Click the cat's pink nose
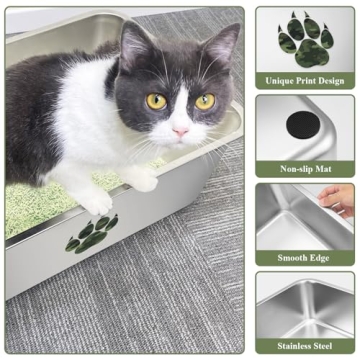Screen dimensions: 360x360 [181, 131]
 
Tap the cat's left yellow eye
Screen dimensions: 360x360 [157, 101]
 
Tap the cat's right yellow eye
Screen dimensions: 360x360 [205, 101]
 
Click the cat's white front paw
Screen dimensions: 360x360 [98, 202]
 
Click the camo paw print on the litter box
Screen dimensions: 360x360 [91, 233]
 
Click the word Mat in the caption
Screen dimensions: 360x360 [325, 169]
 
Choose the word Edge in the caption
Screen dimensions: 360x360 [324, 258]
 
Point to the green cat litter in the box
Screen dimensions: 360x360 [40, 210]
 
